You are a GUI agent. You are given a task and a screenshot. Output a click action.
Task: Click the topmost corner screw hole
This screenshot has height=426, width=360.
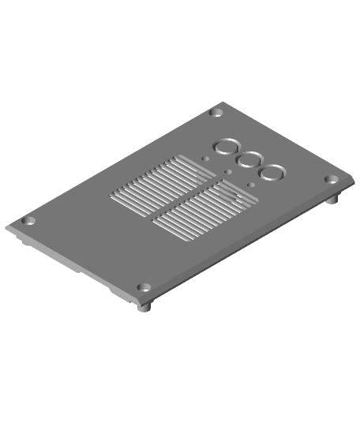point(214,113)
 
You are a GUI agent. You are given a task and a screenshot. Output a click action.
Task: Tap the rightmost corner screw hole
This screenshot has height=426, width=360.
point(331,180)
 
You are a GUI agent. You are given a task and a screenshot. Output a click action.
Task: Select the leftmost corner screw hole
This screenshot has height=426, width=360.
point(28,221)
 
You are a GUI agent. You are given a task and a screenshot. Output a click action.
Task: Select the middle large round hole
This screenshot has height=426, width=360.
point(249,159)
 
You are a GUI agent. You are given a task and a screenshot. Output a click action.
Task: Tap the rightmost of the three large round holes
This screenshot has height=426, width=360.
point(274,172)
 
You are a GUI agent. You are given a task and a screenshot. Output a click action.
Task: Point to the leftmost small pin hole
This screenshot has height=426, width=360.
point(205,159)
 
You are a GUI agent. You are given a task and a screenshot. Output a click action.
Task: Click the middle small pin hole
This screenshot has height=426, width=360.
point(227,172)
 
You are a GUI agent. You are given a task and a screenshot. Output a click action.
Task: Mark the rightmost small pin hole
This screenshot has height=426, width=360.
point(250,185)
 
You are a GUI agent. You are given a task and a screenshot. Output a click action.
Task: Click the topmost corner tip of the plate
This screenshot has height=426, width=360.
point(225,102)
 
